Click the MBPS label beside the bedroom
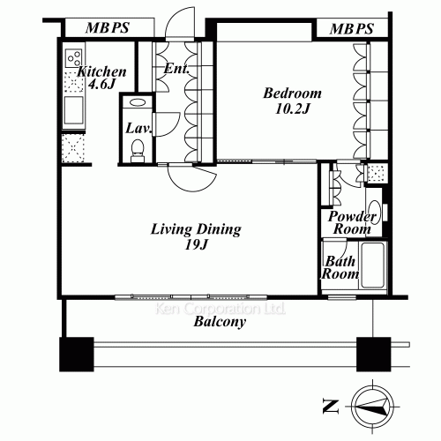(x=352, y=29)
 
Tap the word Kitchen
(x=101, y=72)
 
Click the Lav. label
(x=138, y=128)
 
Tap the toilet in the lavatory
(x=137, y=155)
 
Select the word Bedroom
(x=293, y=93)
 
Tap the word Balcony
(x=220, y=323)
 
